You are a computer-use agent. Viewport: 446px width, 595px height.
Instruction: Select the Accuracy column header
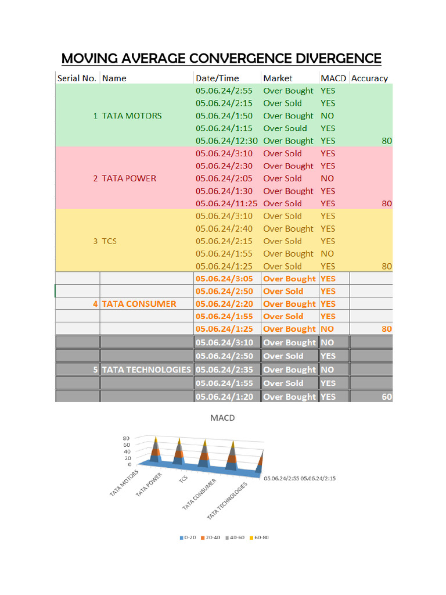point(369,78)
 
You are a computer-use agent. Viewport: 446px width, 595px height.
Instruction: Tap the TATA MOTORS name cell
point(132,116)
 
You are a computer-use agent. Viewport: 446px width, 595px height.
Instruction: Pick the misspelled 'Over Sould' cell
point(285,128)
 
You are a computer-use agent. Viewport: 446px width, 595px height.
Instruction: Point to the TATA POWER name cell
point(129,178)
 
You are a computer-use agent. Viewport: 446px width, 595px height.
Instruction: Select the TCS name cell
point(109,241)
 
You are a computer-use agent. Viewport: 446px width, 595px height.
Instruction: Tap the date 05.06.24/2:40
point(224,228)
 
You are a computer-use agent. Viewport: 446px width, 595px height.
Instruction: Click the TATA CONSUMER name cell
point(139,303)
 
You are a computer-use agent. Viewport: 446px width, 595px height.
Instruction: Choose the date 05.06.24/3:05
point(224,278)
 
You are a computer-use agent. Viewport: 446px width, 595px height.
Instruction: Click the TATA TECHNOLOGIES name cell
point(146,370)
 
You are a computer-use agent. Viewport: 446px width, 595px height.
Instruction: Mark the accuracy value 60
point(387,397)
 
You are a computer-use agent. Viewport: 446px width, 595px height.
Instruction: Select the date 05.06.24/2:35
point(224,370)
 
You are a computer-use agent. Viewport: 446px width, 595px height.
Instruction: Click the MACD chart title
point(222,418)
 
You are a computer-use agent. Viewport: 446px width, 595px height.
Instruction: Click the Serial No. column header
point(77,78)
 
